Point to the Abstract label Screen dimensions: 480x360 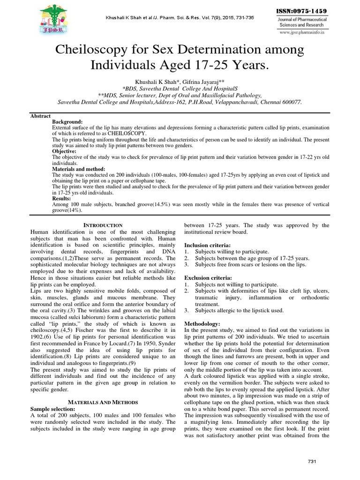tap(40, 116)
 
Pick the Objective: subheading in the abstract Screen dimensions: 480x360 tap(65, 151)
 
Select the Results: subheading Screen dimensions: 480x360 tap(62, 199)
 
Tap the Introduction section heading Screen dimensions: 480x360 tap(103, 225)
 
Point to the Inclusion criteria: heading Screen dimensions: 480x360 tap(207, 245)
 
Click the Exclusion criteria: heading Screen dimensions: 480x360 tap(208, 278)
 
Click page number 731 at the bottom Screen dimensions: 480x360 tap(312, 462)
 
